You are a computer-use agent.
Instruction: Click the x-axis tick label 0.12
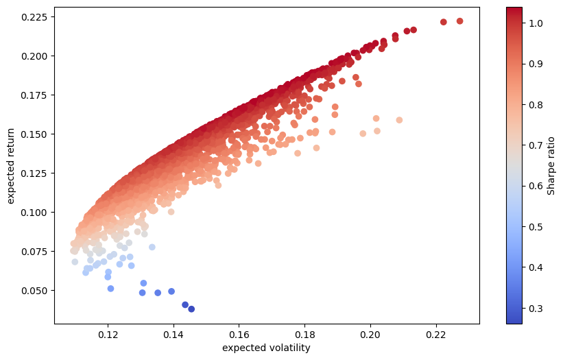108,335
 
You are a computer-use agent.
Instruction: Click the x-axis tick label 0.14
174,335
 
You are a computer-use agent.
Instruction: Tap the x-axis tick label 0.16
239,335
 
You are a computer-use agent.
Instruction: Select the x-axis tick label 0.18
305,335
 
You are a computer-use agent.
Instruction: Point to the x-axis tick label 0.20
370,335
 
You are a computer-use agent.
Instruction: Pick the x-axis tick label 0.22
436,335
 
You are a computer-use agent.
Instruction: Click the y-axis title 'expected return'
11,165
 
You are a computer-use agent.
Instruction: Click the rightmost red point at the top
459,21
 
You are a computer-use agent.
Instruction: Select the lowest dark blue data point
191,309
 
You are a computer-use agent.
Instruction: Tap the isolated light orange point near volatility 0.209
399,120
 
